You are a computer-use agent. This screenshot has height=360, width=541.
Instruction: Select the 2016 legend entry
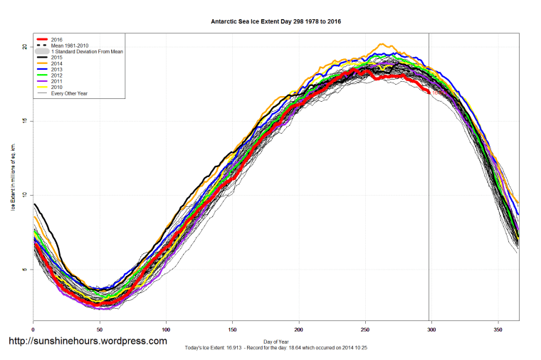coord(58,40)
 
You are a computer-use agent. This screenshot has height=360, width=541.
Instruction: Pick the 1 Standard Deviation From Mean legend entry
coord(86,53)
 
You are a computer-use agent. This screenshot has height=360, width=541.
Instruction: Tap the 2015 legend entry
coord(58,58)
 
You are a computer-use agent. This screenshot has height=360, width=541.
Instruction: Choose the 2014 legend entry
coord(58,65)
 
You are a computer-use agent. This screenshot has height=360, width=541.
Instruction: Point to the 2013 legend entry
coord(58,70)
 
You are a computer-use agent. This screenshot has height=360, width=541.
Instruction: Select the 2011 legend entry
coord(58,83)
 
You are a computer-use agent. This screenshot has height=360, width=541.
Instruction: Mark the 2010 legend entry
coord(58,88)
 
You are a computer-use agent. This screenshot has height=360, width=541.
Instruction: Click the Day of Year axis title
coord(275,342)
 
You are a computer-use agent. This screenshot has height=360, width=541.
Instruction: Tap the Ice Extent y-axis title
coord(12,176)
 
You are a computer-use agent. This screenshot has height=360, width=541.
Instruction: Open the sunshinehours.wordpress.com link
coord(87,342)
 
